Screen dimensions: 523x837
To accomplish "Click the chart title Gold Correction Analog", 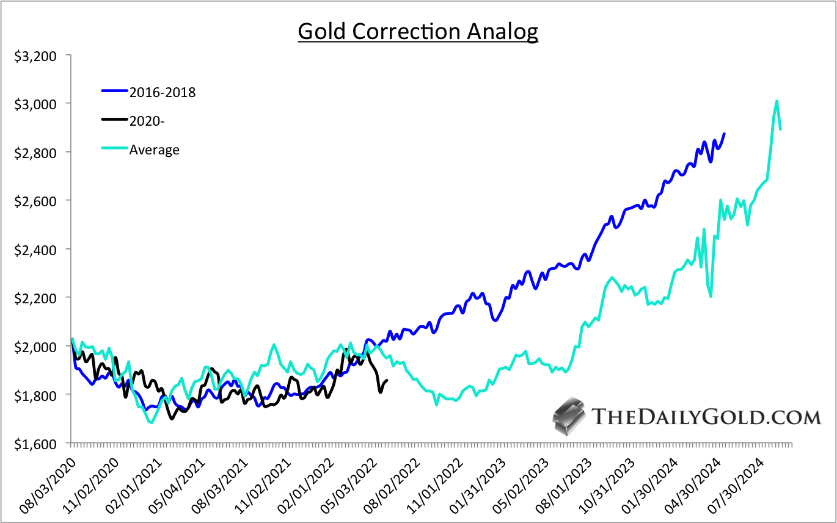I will tap(418, 31).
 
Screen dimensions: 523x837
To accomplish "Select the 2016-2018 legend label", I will tap(162, 92).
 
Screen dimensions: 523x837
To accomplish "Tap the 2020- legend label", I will tap(148, 121).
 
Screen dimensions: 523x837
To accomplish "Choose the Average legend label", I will tap(154, 150).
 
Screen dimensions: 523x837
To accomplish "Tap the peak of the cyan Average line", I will tap(777, 101).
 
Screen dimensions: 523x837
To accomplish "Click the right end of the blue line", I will tap(725, 134).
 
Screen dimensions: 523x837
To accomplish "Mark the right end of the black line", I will tap(387, 381).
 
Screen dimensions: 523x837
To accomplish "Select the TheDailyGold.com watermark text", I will tap(707, 417).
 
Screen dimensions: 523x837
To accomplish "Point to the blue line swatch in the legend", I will tap(114, 92).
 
